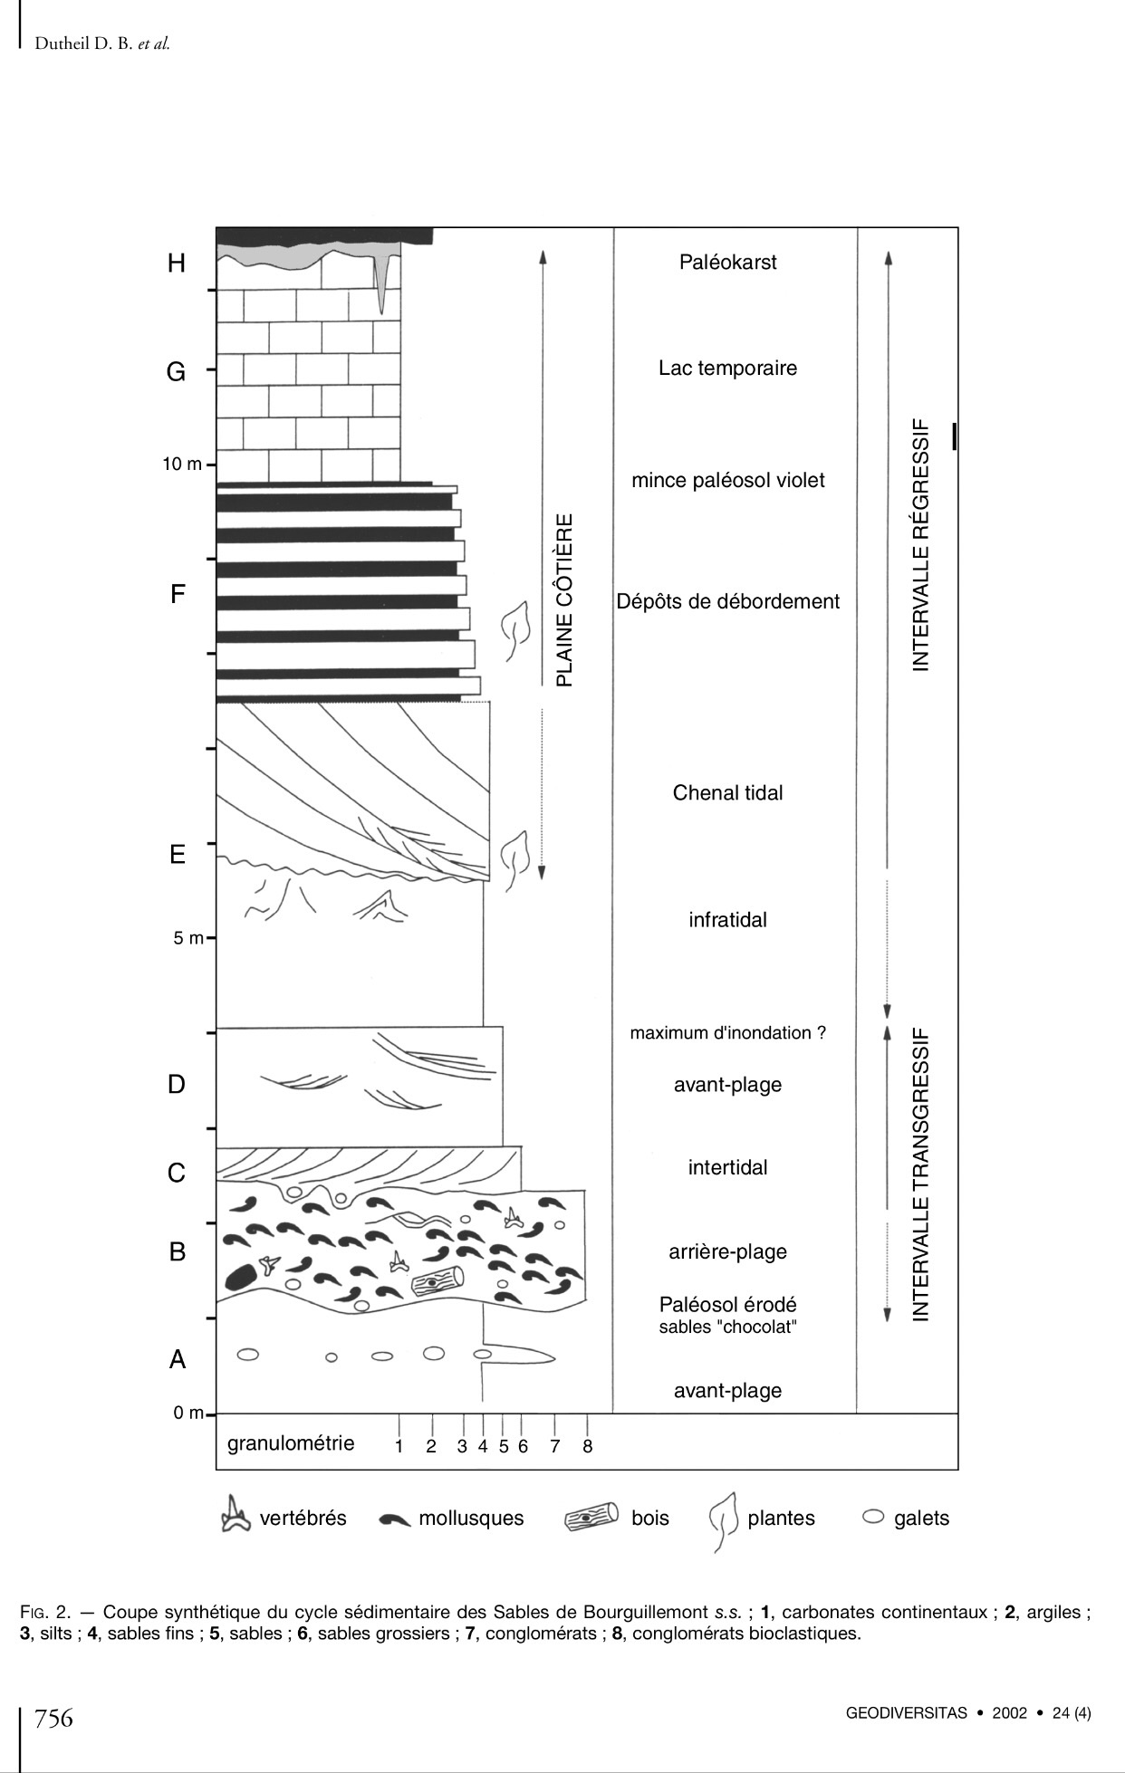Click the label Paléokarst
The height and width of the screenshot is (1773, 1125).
(x=727, y=263)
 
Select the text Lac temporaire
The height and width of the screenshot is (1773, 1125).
(x=727, y=369)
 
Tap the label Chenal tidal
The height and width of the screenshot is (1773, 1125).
(x=727, y=793)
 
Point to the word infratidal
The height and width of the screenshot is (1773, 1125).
(x=727, y=920)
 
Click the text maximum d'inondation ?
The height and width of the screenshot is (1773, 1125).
(x=727, y=1033)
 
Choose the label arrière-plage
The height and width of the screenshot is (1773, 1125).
(x=727, y=1251)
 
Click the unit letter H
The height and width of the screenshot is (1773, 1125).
(x=177, y=264)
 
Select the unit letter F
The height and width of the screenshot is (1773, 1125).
(x=178, y=595)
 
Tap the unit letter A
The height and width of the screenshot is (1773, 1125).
(x=178, y=1359)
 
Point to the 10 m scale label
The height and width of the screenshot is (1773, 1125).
(x=182, y=465)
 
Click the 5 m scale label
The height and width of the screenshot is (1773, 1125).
(x=188, y=938)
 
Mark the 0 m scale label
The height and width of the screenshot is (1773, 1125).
(x=188, y=1413)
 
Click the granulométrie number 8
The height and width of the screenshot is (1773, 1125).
(x=587, y=1446)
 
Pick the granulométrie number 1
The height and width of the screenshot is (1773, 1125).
(x=399, y=1446)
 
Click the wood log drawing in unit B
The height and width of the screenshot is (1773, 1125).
(x=437, y=1282)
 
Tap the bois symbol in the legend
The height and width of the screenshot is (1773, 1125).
(x=591, y=1518)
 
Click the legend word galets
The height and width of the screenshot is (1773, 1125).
(x=921, y=1519)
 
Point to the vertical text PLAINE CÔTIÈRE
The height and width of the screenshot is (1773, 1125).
(x=564, y=600)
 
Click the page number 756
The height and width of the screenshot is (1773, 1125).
(x=53, y=1718)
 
